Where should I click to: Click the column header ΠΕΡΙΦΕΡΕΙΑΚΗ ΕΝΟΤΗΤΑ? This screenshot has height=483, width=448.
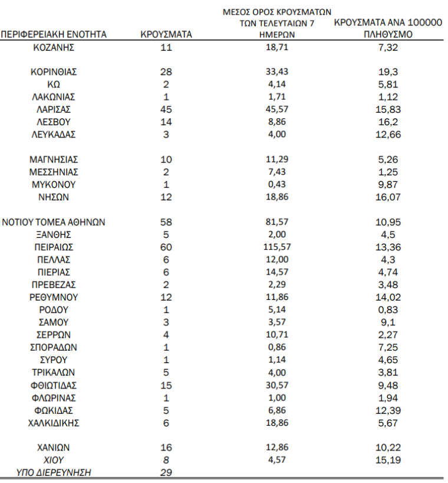point(54,35)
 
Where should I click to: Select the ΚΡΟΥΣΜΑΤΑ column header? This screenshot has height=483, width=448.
point(166,35)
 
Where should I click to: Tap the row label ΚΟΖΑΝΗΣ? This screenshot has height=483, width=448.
point(54,47)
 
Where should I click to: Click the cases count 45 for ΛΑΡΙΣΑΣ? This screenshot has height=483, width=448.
point(166,110)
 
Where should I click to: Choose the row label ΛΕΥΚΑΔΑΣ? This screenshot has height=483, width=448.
point(54,135)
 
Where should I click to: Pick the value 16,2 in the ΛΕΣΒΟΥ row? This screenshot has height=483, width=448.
point(388,122)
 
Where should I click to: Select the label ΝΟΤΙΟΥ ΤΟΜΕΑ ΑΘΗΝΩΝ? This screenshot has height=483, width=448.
point(54,223)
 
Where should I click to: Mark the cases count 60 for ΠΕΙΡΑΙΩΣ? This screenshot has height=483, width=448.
point(166,247)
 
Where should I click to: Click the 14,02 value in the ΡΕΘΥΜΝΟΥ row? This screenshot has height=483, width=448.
point(388,298)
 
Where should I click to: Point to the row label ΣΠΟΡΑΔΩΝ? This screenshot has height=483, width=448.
point(54,348)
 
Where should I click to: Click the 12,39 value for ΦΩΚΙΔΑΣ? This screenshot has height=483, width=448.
point(388,410)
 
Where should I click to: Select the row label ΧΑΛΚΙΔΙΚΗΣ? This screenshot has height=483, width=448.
point(54,423)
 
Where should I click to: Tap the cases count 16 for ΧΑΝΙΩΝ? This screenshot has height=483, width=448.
point(166,448)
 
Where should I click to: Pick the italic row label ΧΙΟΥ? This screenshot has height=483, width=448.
point(54,460)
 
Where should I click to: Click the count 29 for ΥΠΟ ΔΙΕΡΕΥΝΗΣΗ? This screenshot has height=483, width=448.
point(166,472)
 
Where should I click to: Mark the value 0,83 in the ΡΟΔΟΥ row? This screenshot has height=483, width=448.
point(388,310)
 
